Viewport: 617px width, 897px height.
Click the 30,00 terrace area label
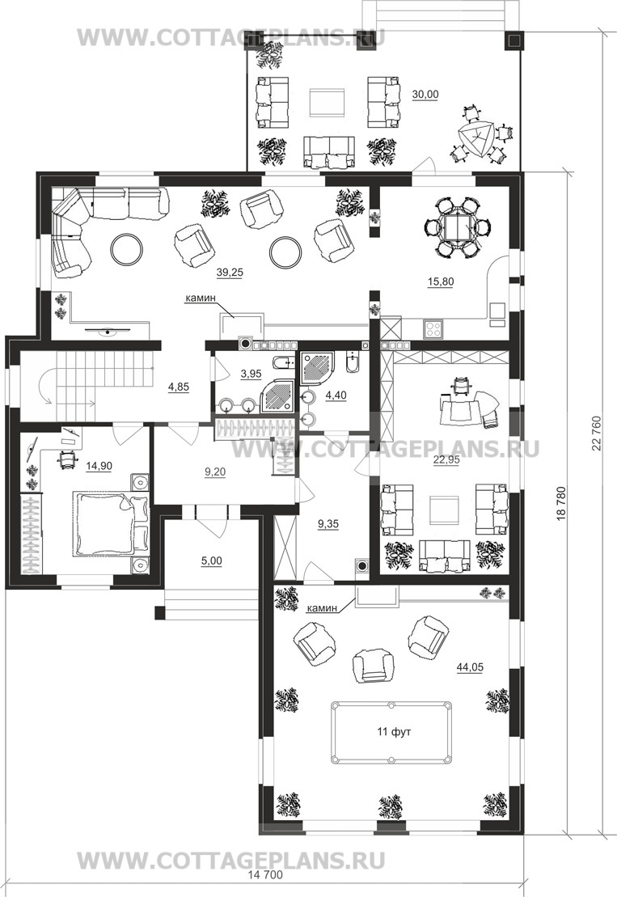point(425,94)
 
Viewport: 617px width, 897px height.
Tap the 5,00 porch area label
point(210,559)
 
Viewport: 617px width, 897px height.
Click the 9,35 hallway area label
point(328,523)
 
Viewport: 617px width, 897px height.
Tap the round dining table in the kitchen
point(457,226)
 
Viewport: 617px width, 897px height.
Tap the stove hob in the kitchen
point(433,329)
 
